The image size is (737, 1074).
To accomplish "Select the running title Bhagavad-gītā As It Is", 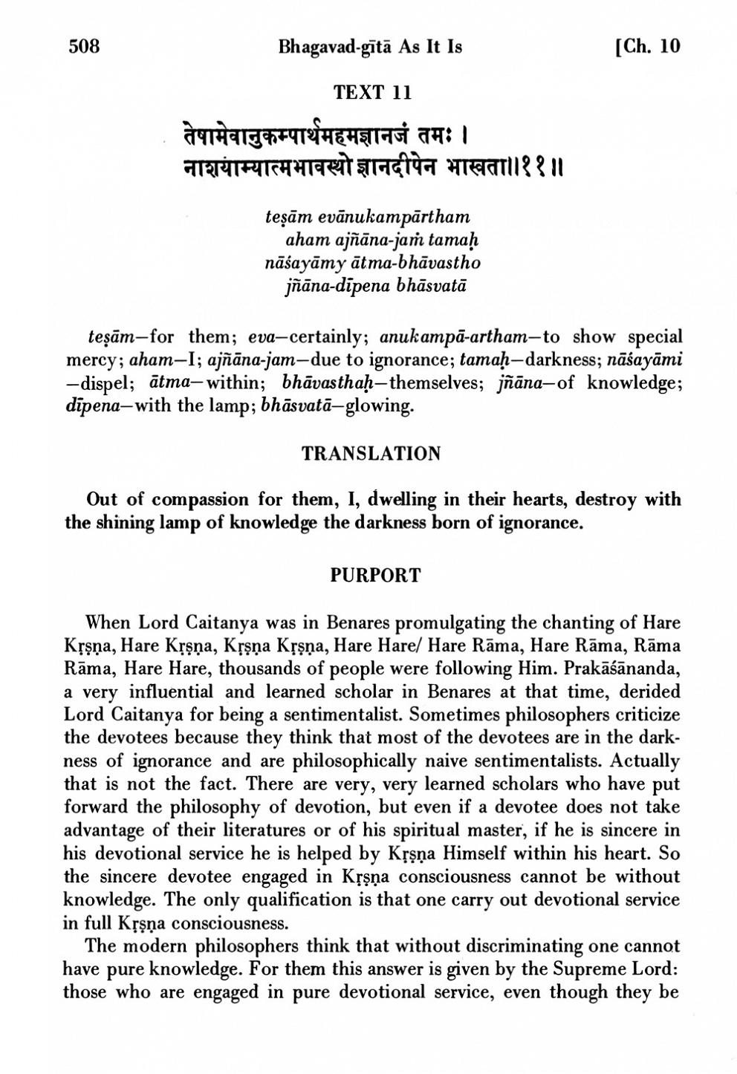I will (x=370, y=47).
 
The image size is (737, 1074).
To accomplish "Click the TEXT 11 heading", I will (x=372, y=93).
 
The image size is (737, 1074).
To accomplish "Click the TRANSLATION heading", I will (x=371, y=453).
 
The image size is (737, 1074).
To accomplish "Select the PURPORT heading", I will (x=375, y=576).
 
